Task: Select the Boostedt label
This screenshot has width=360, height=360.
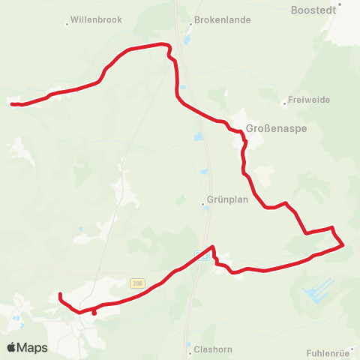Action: tap(312, 11)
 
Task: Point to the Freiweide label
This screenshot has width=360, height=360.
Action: tap(310, 100)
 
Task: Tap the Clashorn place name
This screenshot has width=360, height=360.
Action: tap(211, 349)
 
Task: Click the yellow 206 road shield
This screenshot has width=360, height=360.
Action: tap(136, 283)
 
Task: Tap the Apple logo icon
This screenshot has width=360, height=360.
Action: tap(12, 347)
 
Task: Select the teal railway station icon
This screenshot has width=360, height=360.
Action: tap(200, 254)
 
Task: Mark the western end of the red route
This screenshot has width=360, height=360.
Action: tap(13, 103)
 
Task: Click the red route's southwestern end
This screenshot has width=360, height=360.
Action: tap(59, 295)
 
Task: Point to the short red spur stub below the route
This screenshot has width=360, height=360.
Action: tap(94, 313)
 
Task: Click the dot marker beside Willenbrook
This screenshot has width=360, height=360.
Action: tap(67, 24)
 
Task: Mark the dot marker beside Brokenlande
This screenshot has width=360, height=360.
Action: tap(189, 21)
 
